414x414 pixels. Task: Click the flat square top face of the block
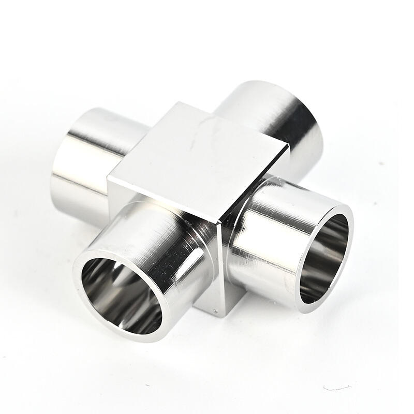199,160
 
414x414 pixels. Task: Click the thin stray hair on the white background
336,387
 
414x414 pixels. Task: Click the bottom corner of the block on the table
224,316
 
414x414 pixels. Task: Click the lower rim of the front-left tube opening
129,336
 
